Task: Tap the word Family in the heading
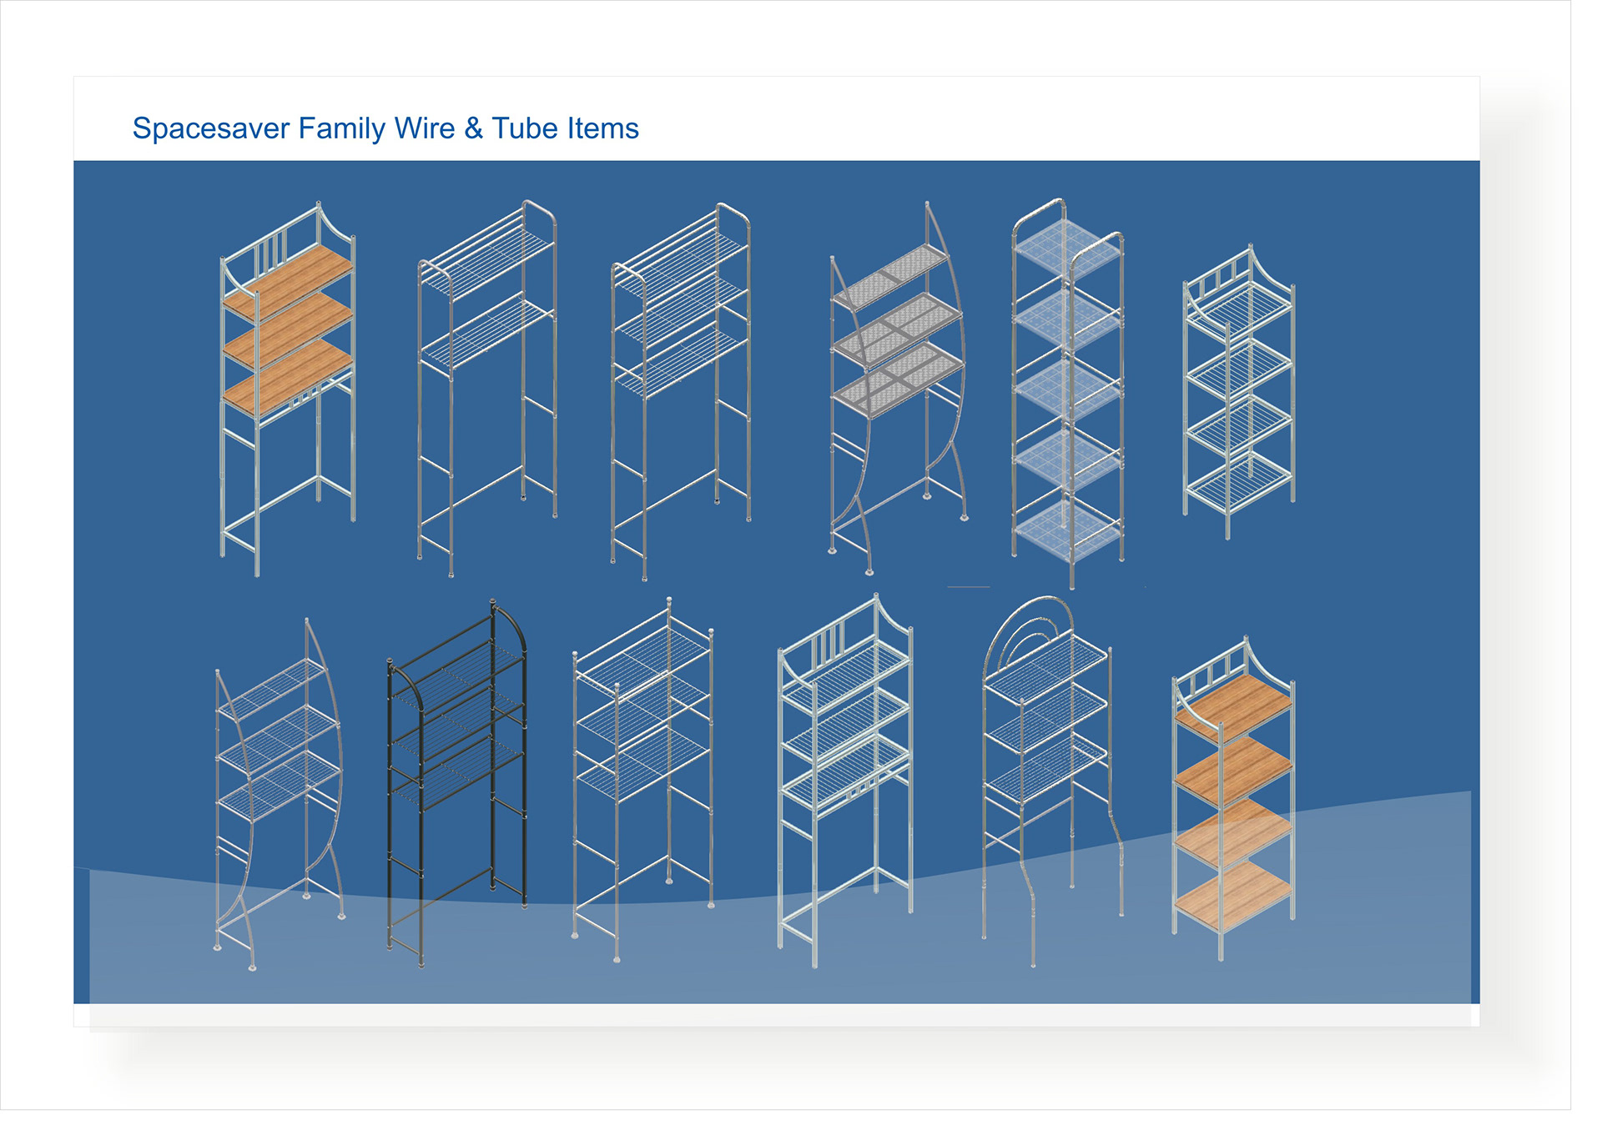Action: [342, 128]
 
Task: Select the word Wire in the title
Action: [425, 128]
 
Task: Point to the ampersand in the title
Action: [474, 128]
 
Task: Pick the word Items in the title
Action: [602, 128]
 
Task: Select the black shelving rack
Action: [457, 784]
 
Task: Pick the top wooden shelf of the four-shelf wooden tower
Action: [1233, 706]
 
